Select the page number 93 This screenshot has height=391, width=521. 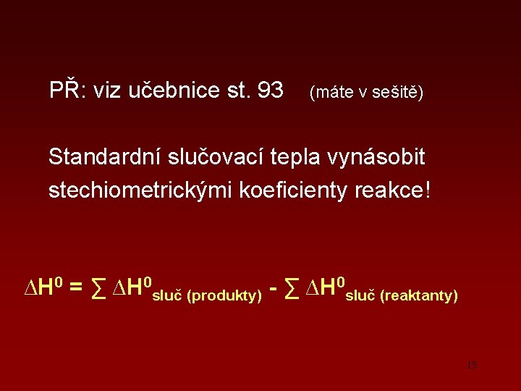[x=270, y=91]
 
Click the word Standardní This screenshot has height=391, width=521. [x=106, y=156]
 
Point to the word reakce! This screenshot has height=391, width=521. [x=394, y=191]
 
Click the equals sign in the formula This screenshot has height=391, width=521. [x=75, y=289]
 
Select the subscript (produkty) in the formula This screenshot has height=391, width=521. [x=224, y=296]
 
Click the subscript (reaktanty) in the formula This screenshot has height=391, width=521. [x=418, y=295]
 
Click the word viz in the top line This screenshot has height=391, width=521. [x=107, y=91]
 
